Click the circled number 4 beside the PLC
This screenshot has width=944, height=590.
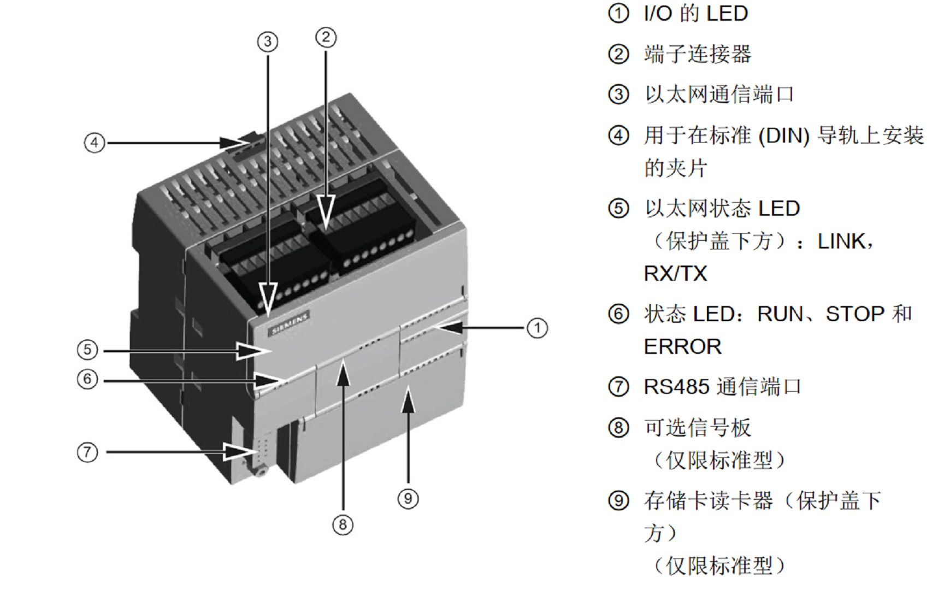coord(95,143)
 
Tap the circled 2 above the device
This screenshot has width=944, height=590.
coord(326,37)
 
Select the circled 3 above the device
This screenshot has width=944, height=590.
coord(268,42)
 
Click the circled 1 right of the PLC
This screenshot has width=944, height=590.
coord(537,328)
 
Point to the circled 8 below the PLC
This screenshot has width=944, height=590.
coord(343,525)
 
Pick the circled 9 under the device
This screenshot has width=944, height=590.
coord(408,498)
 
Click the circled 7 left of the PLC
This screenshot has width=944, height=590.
coord(87,452)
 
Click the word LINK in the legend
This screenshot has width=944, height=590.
coord(841,241)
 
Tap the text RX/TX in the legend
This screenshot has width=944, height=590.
coord(675,274)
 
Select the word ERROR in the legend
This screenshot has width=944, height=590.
coord(682,347)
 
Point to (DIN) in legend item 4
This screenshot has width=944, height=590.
coord(784,135)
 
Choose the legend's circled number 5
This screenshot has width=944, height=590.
coord(618,209)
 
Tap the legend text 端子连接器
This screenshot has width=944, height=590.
coord(698,54)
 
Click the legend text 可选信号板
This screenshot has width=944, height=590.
coord(698,428)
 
